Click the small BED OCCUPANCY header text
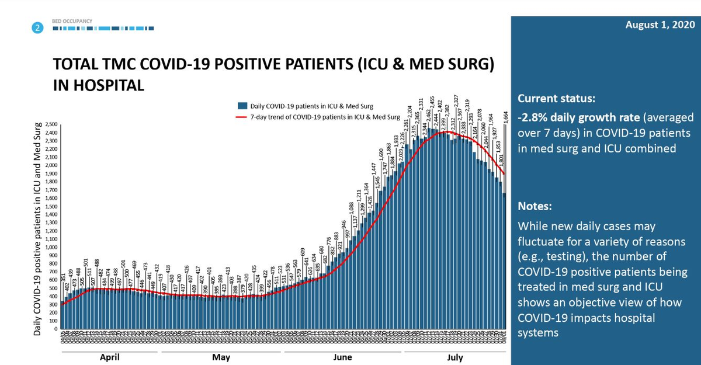tap(72, 21)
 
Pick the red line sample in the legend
tap(241, 117)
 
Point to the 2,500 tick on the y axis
tap(51, 125)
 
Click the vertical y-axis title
tap(37, 228)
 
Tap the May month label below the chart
tap(221, 357)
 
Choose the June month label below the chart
tap(342, 357)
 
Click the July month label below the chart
tap(454, 357)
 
